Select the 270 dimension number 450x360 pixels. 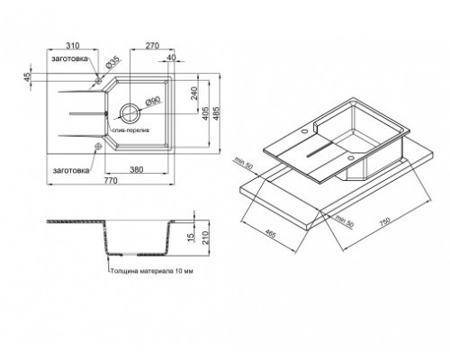coord(153,42)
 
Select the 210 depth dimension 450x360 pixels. coord(210,238)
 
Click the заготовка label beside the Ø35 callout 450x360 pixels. coord(70,58)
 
